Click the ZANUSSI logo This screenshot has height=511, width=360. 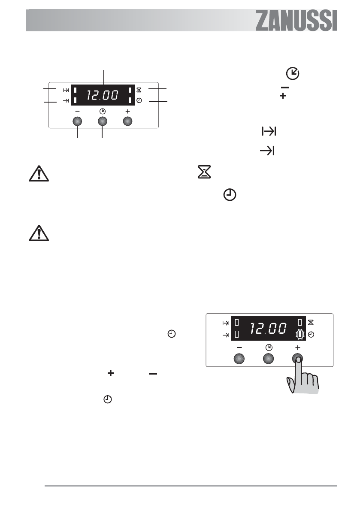pyautogui.click(x=296, y=21)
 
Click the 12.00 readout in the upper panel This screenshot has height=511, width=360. pyautogui.click(x=103, y=95)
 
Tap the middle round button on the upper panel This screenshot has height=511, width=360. pyautogui.click(x=102, y=121)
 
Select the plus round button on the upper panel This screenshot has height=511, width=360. pyautogui.click(x=127, y=121)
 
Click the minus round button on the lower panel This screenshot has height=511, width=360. pyautogui.click(x=239, y=359)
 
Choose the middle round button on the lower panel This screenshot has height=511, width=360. pyautogui.click(x=268, y=359)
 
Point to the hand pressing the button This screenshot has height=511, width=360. pyautogui.click(x=303, y=376)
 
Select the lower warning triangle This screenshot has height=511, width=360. pyautogui.click(x=39, y=233)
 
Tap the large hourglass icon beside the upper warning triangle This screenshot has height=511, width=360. pyautogui.click(x=204, y=172)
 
